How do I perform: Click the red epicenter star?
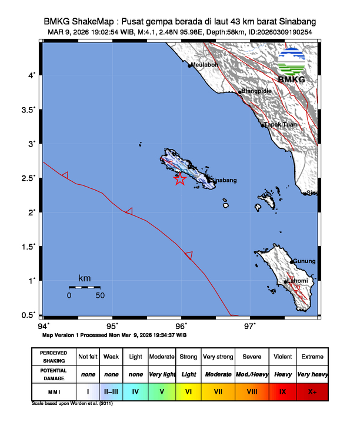181,180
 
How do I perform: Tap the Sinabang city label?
224,180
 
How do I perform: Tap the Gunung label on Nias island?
305,261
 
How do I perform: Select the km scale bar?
84,287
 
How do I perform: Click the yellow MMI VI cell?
189,390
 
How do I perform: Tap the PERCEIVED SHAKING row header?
54,357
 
